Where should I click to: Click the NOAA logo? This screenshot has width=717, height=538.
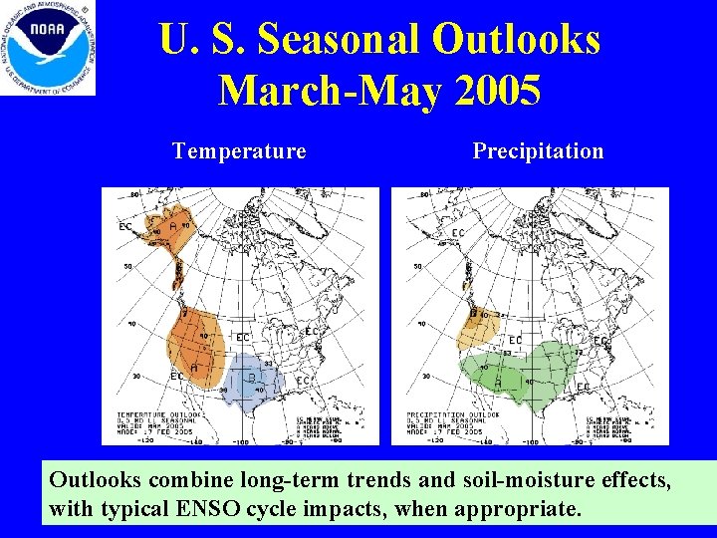click(x=49, y=48)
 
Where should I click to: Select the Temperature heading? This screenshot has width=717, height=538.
click(x=239, y=151)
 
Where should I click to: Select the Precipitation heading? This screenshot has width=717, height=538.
click(x=538, y=151)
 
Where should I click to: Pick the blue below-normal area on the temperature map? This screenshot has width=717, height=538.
click(x=254, y=381)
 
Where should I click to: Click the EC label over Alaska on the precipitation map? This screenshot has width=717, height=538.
click(x=458, y=233)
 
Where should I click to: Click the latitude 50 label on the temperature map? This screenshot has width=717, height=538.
click(x=126, y=267)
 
